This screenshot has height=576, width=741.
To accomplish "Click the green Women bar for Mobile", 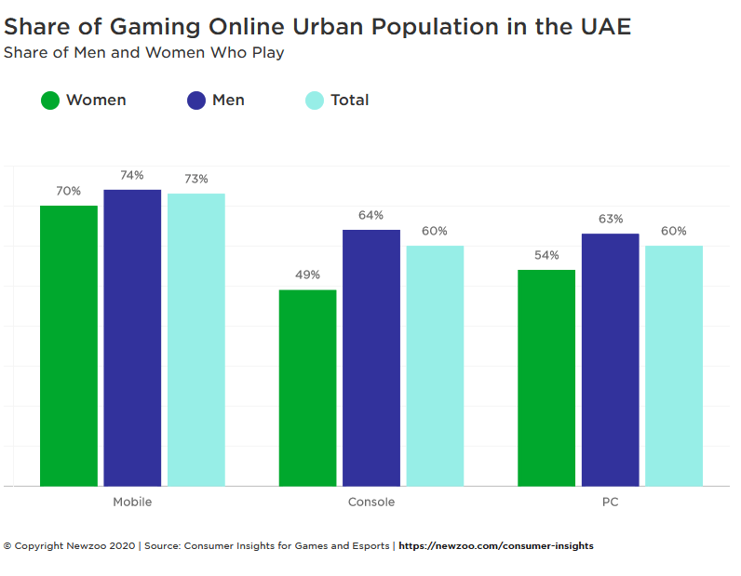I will coord(69,345).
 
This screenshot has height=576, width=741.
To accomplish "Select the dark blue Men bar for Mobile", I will coord(132,338).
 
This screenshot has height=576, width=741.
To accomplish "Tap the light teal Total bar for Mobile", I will coord(196,340).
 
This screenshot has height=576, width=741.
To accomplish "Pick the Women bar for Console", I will coord(307,388).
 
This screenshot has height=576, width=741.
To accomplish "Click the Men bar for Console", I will coord(371,357).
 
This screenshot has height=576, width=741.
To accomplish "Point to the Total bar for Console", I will coord(435,366).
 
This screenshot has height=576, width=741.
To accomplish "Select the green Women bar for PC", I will coord(546,378).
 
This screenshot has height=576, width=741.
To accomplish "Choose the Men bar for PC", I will coord(611,359).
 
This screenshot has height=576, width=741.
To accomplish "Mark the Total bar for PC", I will coord(674,366).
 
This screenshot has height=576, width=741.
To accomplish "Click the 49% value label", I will coord(307,275).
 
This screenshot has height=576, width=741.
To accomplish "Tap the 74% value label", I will coord(132,175).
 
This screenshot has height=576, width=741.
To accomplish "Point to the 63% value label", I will coord(611,219).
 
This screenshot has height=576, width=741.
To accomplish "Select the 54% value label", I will coord(546,255).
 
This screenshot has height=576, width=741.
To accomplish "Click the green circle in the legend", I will coord(50,100).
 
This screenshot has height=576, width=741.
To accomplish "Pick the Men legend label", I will coord(228,100).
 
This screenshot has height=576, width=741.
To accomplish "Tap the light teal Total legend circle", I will coord(315,100).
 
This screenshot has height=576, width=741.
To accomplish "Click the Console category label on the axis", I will coord(371,502).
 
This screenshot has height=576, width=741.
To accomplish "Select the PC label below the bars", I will coord(611,502).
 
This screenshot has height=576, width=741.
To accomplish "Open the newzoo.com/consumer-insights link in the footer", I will coord(496,546).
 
